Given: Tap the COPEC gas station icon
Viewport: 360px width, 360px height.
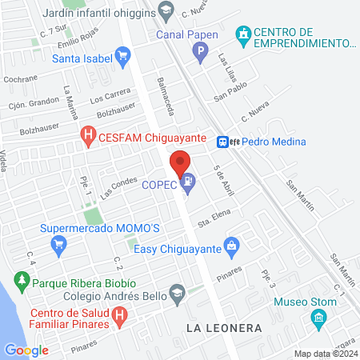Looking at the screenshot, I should click(188, 182).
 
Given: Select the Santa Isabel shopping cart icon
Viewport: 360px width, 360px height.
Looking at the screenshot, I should click(122, 54).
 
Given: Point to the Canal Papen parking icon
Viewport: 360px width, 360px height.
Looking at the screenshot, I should click(201, 54).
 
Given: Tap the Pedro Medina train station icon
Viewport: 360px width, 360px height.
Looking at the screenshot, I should click(224, 141).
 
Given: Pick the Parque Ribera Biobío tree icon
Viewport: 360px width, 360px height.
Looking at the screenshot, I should click(21, 282).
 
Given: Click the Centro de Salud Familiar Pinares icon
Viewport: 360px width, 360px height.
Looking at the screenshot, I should click(119, 316).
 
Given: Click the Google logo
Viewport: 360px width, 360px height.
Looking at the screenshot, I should click(26, 350).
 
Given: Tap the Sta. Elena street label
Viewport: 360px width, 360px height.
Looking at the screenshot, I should click(214, 215).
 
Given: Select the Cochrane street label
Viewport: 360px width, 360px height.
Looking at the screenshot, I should click(20, 79).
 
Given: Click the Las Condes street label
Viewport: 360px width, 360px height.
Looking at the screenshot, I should click(119, 185).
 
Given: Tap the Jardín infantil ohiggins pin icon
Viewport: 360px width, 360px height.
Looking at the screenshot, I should click(166, 11).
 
